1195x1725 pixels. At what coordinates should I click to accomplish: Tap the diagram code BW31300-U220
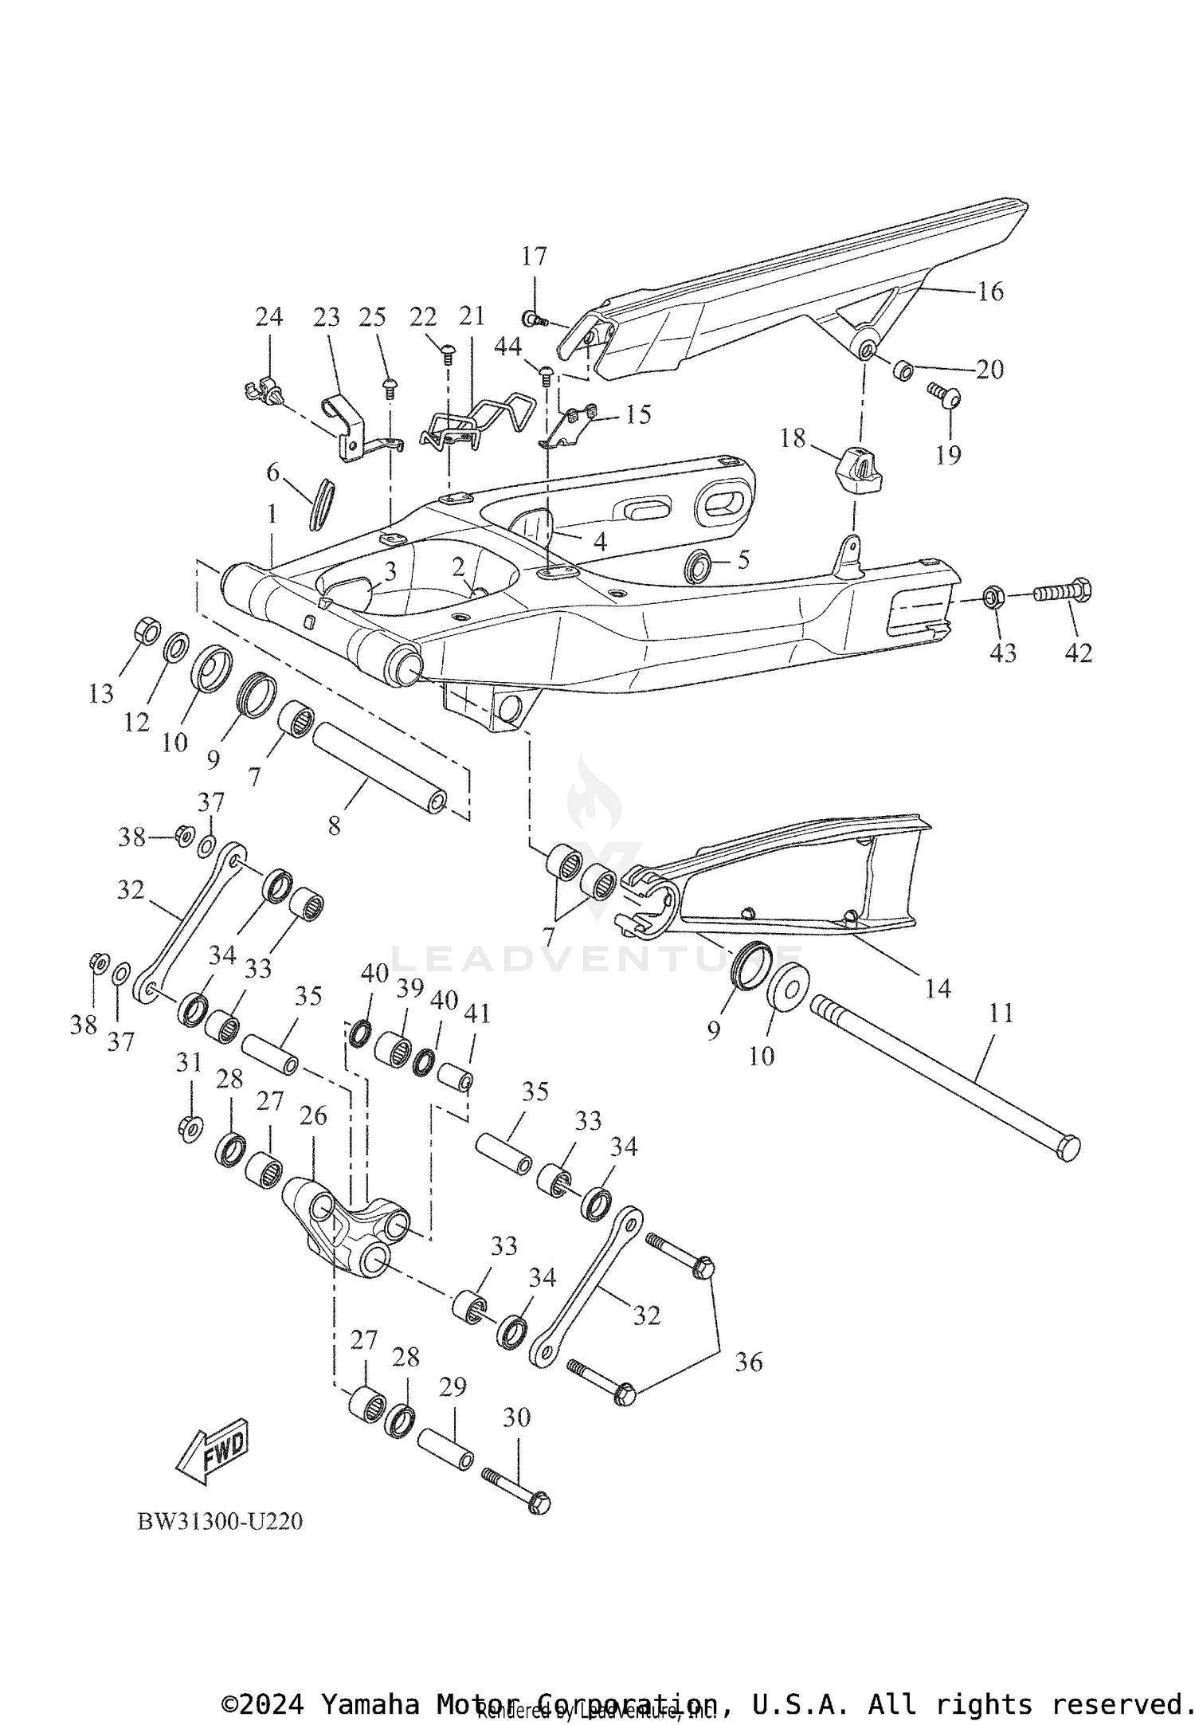tap(220, 1521)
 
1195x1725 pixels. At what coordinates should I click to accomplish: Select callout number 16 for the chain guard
tap(990, 292)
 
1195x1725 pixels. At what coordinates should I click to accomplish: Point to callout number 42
tap(1079, 653)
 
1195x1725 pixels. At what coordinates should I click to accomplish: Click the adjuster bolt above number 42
tap(1063, 593)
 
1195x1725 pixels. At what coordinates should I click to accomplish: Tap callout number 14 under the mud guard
tap(938, 989)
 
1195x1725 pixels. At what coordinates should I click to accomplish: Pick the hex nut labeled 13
tap(145, 630)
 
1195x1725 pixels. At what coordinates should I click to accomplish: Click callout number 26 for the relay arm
tap(313, 1116)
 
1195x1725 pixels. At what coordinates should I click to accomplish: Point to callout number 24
tap(268, 317)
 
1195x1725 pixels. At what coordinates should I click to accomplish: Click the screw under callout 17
tap(535, 320)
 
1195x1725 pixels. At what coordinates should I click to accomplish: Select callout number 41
tap(478, 1013)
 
